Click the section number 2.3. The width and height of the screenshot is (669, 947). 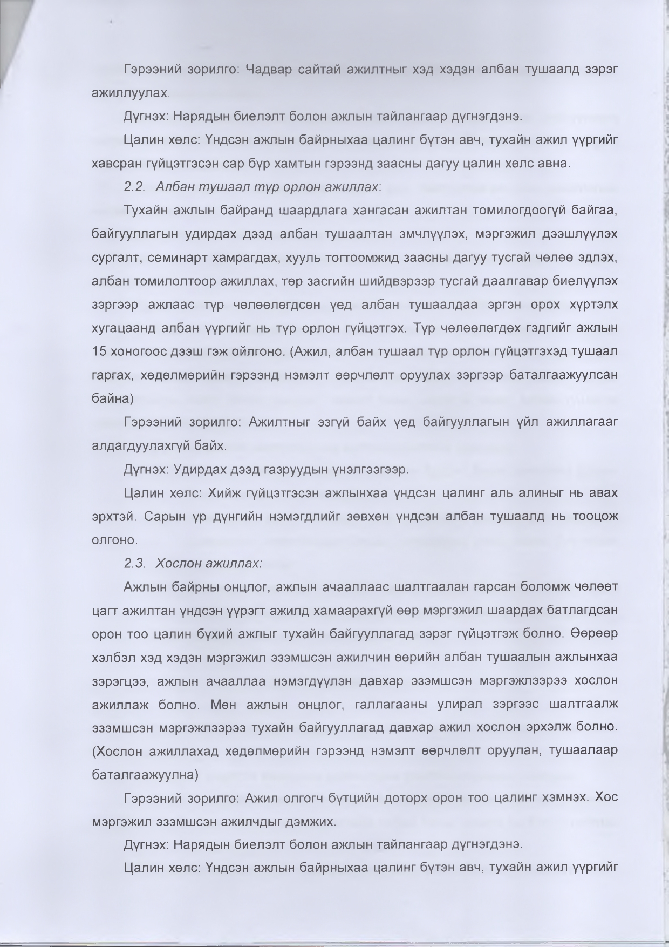coord(134,563)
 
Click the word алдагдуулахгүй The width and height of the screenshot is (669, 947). coord(152,446)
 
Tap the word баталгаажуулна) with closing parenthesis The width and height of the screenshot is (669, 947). coord(146,775)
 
